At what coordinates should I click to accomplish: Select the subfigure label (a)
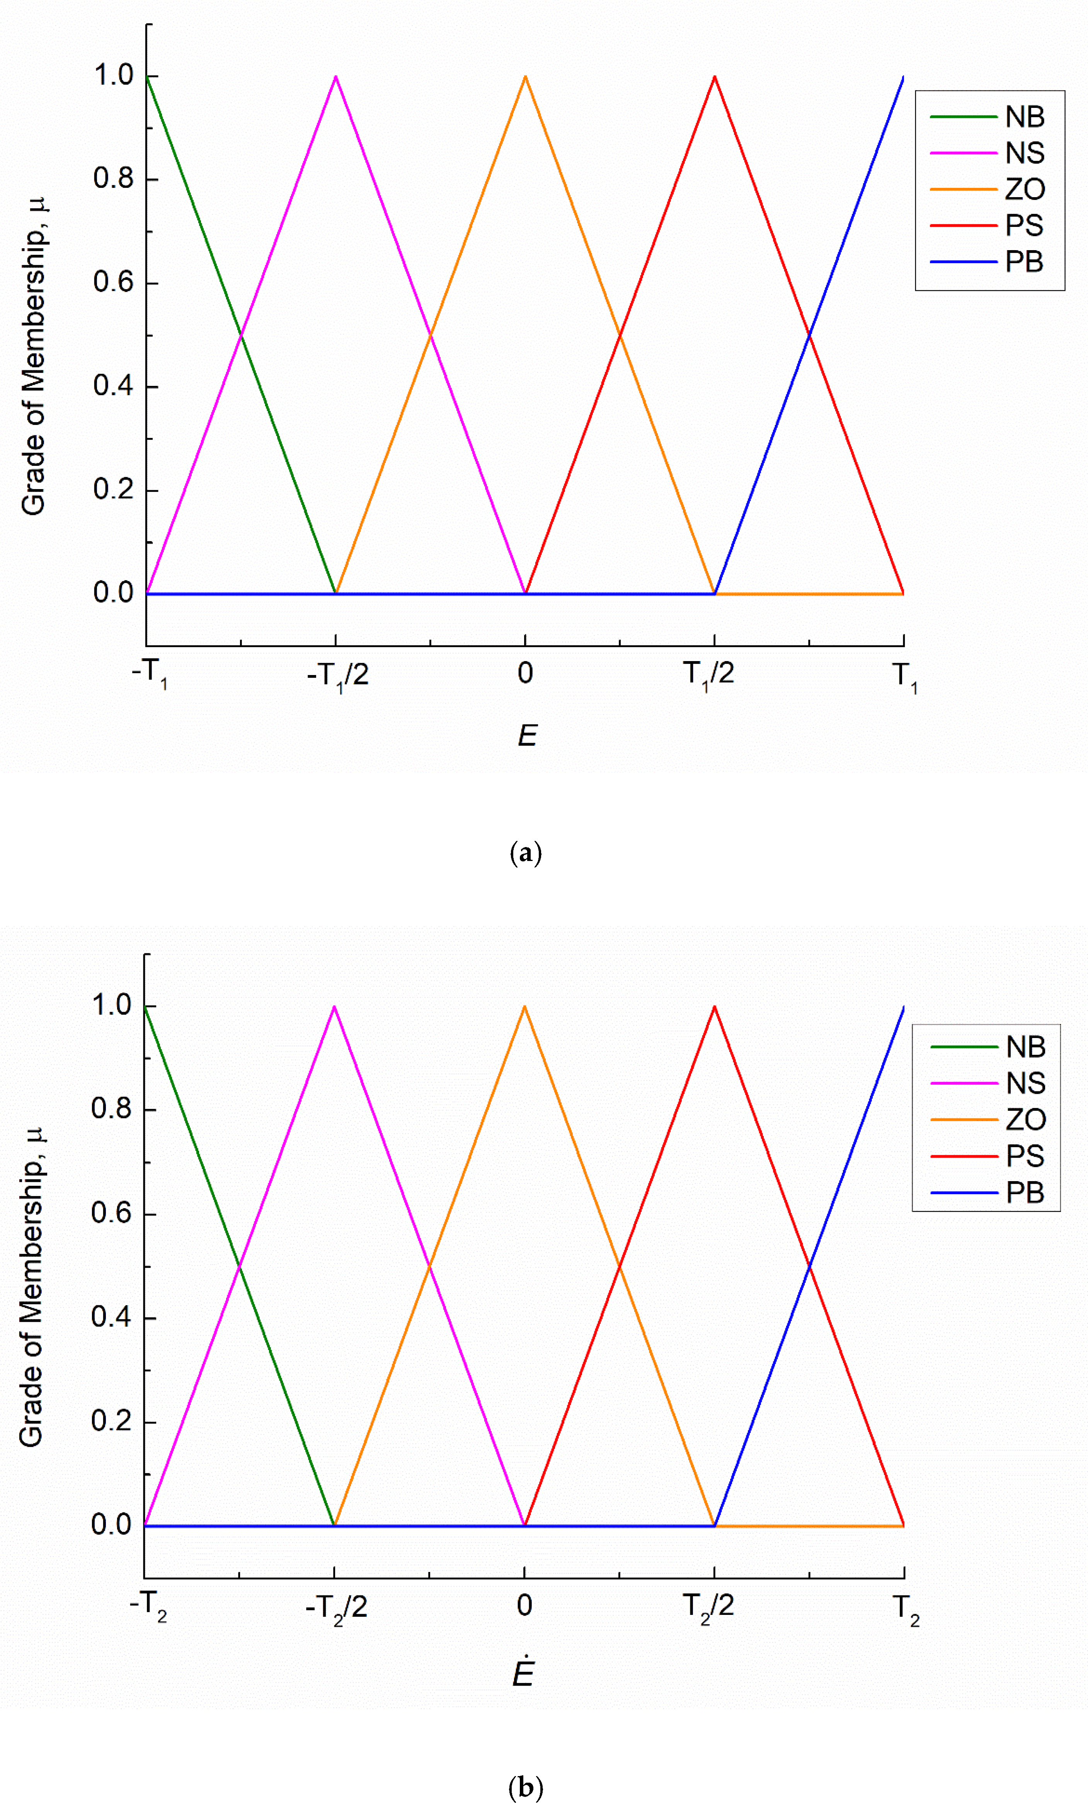pos(526,853)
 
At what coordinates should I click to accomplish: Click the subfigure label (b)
pos(526,1787)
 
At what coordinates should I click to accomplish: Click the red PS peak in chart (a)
pos(715,76)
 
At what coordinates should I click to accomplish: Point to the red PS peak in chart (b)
pos(715,1007)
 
